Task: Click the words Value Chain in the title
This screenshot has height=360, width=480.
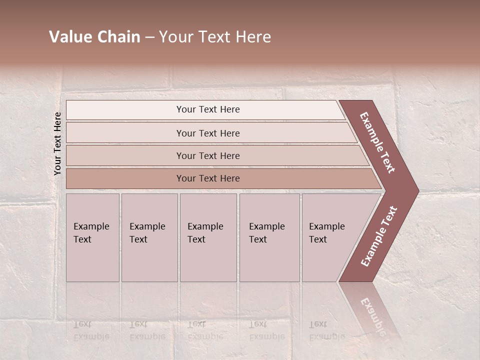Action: (94, 37)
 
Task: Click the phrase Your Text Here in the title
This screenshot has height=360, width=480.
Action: (215, 37)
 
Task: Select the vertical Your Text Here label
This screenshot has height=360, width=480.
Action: (57, 143)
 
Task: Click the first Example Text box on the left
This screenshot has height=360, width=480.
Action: (92, 237)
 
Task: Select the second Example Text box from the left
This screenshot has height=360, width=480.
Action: (149, 237)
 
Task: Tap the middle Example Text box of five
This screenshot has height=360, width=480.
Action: (208, 237)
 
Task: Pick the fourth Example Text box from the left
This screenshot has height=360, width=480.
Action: (269, 237)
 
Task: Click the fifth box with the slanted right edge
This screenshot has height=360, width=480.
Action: (330, 237)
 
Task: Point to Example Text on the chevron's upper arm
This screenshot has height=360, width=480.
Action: (377, 142)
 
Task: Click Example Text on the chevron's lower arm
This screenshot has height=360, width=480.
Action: (378, 236)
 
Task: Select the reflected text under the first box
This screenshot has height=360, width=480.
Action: (91, 330)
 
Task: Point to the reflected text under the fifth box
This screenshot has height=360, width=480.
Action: (326, 330)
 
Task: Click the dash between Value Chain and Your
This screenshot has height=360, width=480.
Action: (149, 37)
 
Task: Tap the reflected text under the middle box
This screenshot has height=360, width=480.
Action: (205, 330)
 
